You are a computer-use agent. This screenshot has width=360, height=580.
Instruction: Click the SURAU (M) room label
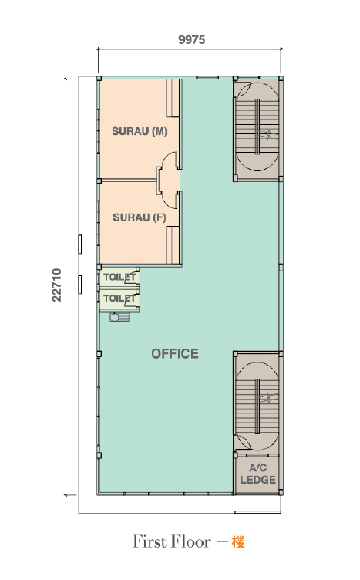[140, 131]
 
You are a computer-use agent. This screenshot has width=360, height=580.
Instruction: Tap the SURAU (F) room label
[140, 217]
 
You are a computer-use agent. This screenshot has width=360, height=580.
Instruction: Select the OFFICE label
[175, 353]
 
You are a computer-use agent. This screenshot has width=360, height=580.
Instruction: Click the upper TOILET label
[119, 277]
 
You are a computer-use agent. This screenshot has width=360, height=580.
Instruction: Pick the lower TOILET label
[119, 298]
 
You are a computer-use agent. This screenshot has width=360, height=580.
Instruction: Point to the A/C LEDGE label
[258, 474]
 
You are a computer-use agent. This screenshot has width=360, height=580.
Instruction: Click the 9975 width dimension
[191, 39]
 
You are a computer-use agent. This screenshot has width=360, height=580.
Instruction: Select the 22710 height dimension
[56, 285]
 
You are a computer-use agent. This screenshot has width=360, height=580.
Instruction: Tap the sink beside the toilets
[119, 317]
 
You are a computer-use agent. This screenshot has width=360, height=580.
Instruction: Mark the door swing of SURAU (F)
[171, 201]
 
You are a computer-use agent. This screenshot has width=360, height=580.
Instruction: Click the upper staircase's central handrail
[257, 126]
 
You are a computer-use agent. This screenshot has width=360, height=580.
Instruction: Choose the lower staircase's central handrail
[257, 406]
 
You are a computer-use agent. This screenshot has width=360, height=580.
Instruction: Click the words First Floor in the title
[171, 541]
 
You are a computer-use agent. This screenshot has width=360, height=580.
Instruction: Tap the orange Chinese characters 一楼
[230, 542]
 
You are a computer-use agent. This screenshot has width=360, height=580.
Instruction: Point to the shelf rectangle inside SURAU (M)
[172, 98]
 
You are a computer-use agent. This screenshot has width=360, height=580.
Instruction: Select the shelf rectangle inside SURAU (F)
[173, 244]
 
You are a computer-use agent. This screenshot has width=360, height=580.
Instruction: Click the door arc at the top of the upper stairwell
[244, 89]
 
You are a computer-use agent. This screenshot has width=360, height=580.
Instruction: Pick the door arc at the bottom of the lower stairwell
[244, 443]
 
